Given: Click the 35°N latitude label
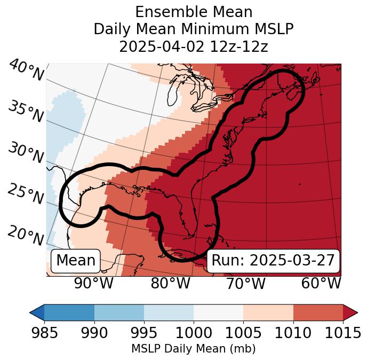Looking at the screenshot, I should tap(26, 111).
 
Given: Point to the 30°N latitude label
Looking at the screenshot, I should tap(26, 153).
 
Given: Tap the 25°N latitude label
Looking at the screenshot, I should tap(26, 194).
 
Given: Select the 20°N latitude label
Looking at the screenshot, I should tap(26, 235).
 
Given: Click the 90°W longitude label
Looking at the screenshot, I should tap(94, 283).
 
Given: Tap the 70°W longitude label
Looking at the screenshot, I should tap(245, 283).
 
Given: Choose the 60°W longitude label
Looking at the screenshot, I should tap(321, 283).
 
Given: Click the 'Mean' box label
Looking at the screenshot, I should tap(76, 261).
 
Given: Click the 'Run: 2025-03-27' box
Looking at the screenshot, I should tap(273, 261).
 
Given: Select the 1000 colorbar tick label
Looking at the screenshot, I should tap(194, 333).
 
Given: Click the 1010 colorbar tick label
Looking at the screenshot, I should tap(293, 333).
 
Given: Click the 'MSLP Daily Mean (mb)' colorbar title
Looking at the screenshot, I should tap(194, 349).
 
